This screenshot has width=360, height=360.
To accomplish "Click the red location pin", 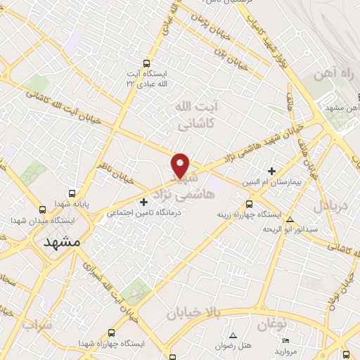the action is pyautogui.click(x=181, y=165).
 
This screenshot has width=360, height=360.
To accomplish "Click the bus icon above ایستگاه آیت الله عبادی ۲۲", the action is pyautogui.click(x=146, y=63).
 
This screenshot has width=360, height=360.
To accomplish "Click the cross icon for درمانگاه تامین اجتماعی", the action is pyautogui.click(x=144, y=202).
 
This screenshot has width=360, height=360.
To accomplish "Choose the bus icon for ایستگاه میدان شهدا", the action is pyautogui.click(x=43, y=210).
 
